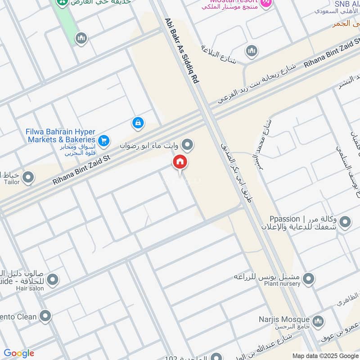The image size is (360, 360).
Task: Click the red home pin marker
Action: point(180,162)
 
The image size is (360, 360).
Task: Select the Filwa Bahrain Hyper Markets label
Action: point(61,135)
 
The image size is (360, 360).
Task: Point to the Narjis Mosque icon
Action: point(318,321)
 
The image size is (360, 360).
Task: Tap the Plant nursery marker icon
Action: point(308,279)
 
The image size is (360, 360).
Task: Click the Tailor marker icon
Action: point(28,177)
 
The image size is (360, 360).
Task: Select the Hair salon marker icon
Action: point(53,280)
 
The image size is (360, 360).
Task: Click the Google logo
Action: point(18,353)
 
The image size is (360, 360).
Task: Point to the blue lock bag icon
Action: point(138,122)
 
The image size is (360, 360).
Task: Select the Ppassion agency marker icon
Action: point(345,222)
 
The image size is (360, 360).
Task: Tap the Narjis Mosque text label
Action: point(284,319)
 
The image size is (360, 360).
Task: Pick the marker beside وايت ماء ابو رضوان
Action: point(189,145)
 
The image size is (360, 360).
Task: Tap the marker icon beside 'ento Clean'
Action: point(45,316)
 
